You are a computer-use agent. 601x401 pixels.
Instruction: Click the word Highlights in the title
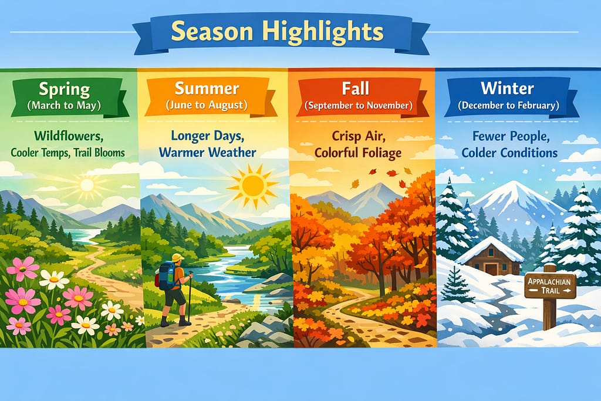323,32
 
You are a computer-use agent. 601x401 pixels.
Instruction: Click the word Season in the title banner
212,32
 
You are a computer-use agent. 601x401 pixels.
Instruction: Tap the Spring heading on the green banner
65,89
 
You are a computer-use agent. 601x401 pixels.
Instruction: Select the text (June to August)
207,105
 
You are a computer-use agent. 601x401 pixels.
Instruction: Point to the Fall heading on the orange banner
355,88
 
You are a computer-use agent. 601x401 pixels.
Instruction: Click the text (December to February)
508,105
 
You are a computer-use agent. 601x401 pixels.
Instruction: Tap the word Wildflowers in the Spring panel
69,136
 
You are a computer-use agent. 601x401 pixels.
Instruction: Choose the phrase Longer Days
207,136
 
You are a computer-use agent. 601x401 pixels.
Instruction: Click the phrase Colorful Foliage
358,153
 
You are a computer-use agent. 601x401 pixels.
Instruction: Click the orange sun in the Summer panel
252,186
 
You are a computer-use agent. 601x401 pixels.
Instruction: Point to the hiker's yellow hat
178,258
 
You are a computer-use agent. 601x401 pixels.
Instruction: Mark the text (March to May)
64,106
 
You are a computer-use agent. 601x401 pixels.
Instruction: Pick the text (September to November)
359,106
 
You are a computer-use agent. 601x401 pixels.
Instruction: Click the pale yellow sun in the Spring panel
87,185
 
